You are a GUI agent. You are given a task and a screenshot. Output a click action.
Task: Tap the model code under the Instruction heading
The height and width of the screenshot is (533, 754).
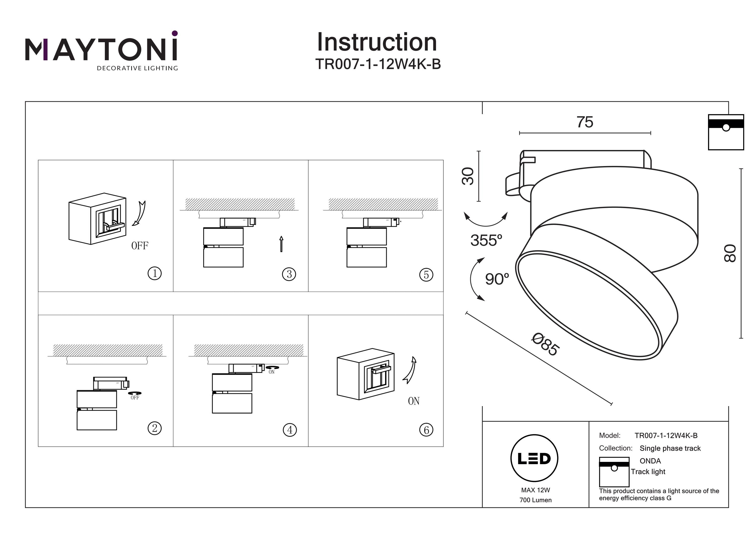pyautogui.click(x=378, y=64)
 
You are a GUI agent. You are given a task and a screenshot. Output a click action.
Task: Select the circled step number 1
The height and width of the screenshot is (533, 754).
pyautogui.click(x=155, y=273)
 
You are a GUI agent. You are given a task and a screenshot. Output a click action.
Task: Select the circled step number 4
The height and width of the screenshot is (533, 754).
pyautogui.click(x=290, y=430)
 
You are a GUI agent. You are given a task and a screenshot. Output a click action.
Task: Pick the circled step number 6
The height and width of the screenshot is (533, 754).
pyautogui.click(x=426, y=430)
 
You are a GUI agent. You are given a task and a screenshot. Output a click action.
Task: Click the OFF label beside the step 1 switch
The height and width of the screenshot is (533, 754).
pyautogui.click(x=139, y=246)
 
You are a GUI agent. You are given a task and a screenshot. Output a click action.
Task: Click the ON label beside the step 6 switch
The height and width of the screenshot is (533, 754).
pyautogui.click(x=413, y=401)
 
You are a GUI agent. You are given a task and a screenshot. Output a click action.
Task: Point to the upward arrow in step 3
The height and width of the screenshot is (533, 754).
pyautogui.click(x=281, y=244)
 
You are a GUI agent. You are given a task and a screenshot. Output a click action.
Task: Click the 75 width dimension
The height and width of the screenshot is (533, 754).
pyautogui.click(x=585, y=122)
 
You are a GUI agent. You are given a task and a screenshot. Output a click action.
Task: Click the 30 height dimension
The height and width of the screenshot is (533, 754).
pyautogui.click(x=468, y=176)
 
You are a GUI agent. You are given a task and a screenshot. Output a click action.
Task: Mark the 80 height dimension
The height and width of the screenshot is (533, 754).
pyautogui.click(x=730, y=253)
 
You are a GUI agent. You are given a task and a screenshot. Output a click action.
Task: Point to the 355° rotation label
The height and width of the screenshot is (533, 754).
pyautogui.click(x=486, y=240)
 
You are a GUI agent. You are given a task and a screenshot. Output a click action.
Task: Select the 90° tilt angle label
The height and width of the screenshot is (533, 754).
pyautogui.click(x=497, y=279)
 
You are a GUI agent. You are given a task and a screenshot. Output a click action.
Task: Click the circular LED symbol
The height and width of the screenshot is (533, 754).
pyautogui.click(x=534, y=458)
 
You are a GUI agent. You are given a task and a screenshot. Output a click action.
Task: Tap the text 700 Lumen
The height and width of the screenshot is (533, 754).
pyautogui.click(x=535, y=500)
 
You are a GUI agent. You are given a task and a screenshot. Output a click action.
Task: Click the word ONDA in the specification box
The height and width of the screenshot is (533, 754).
pyautogui.click(x=650, y=461)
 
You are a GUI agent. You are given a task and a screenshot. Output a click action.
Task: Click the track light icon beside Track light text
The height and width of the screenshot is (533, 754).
pyautogui.click(x=614, y=472)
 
